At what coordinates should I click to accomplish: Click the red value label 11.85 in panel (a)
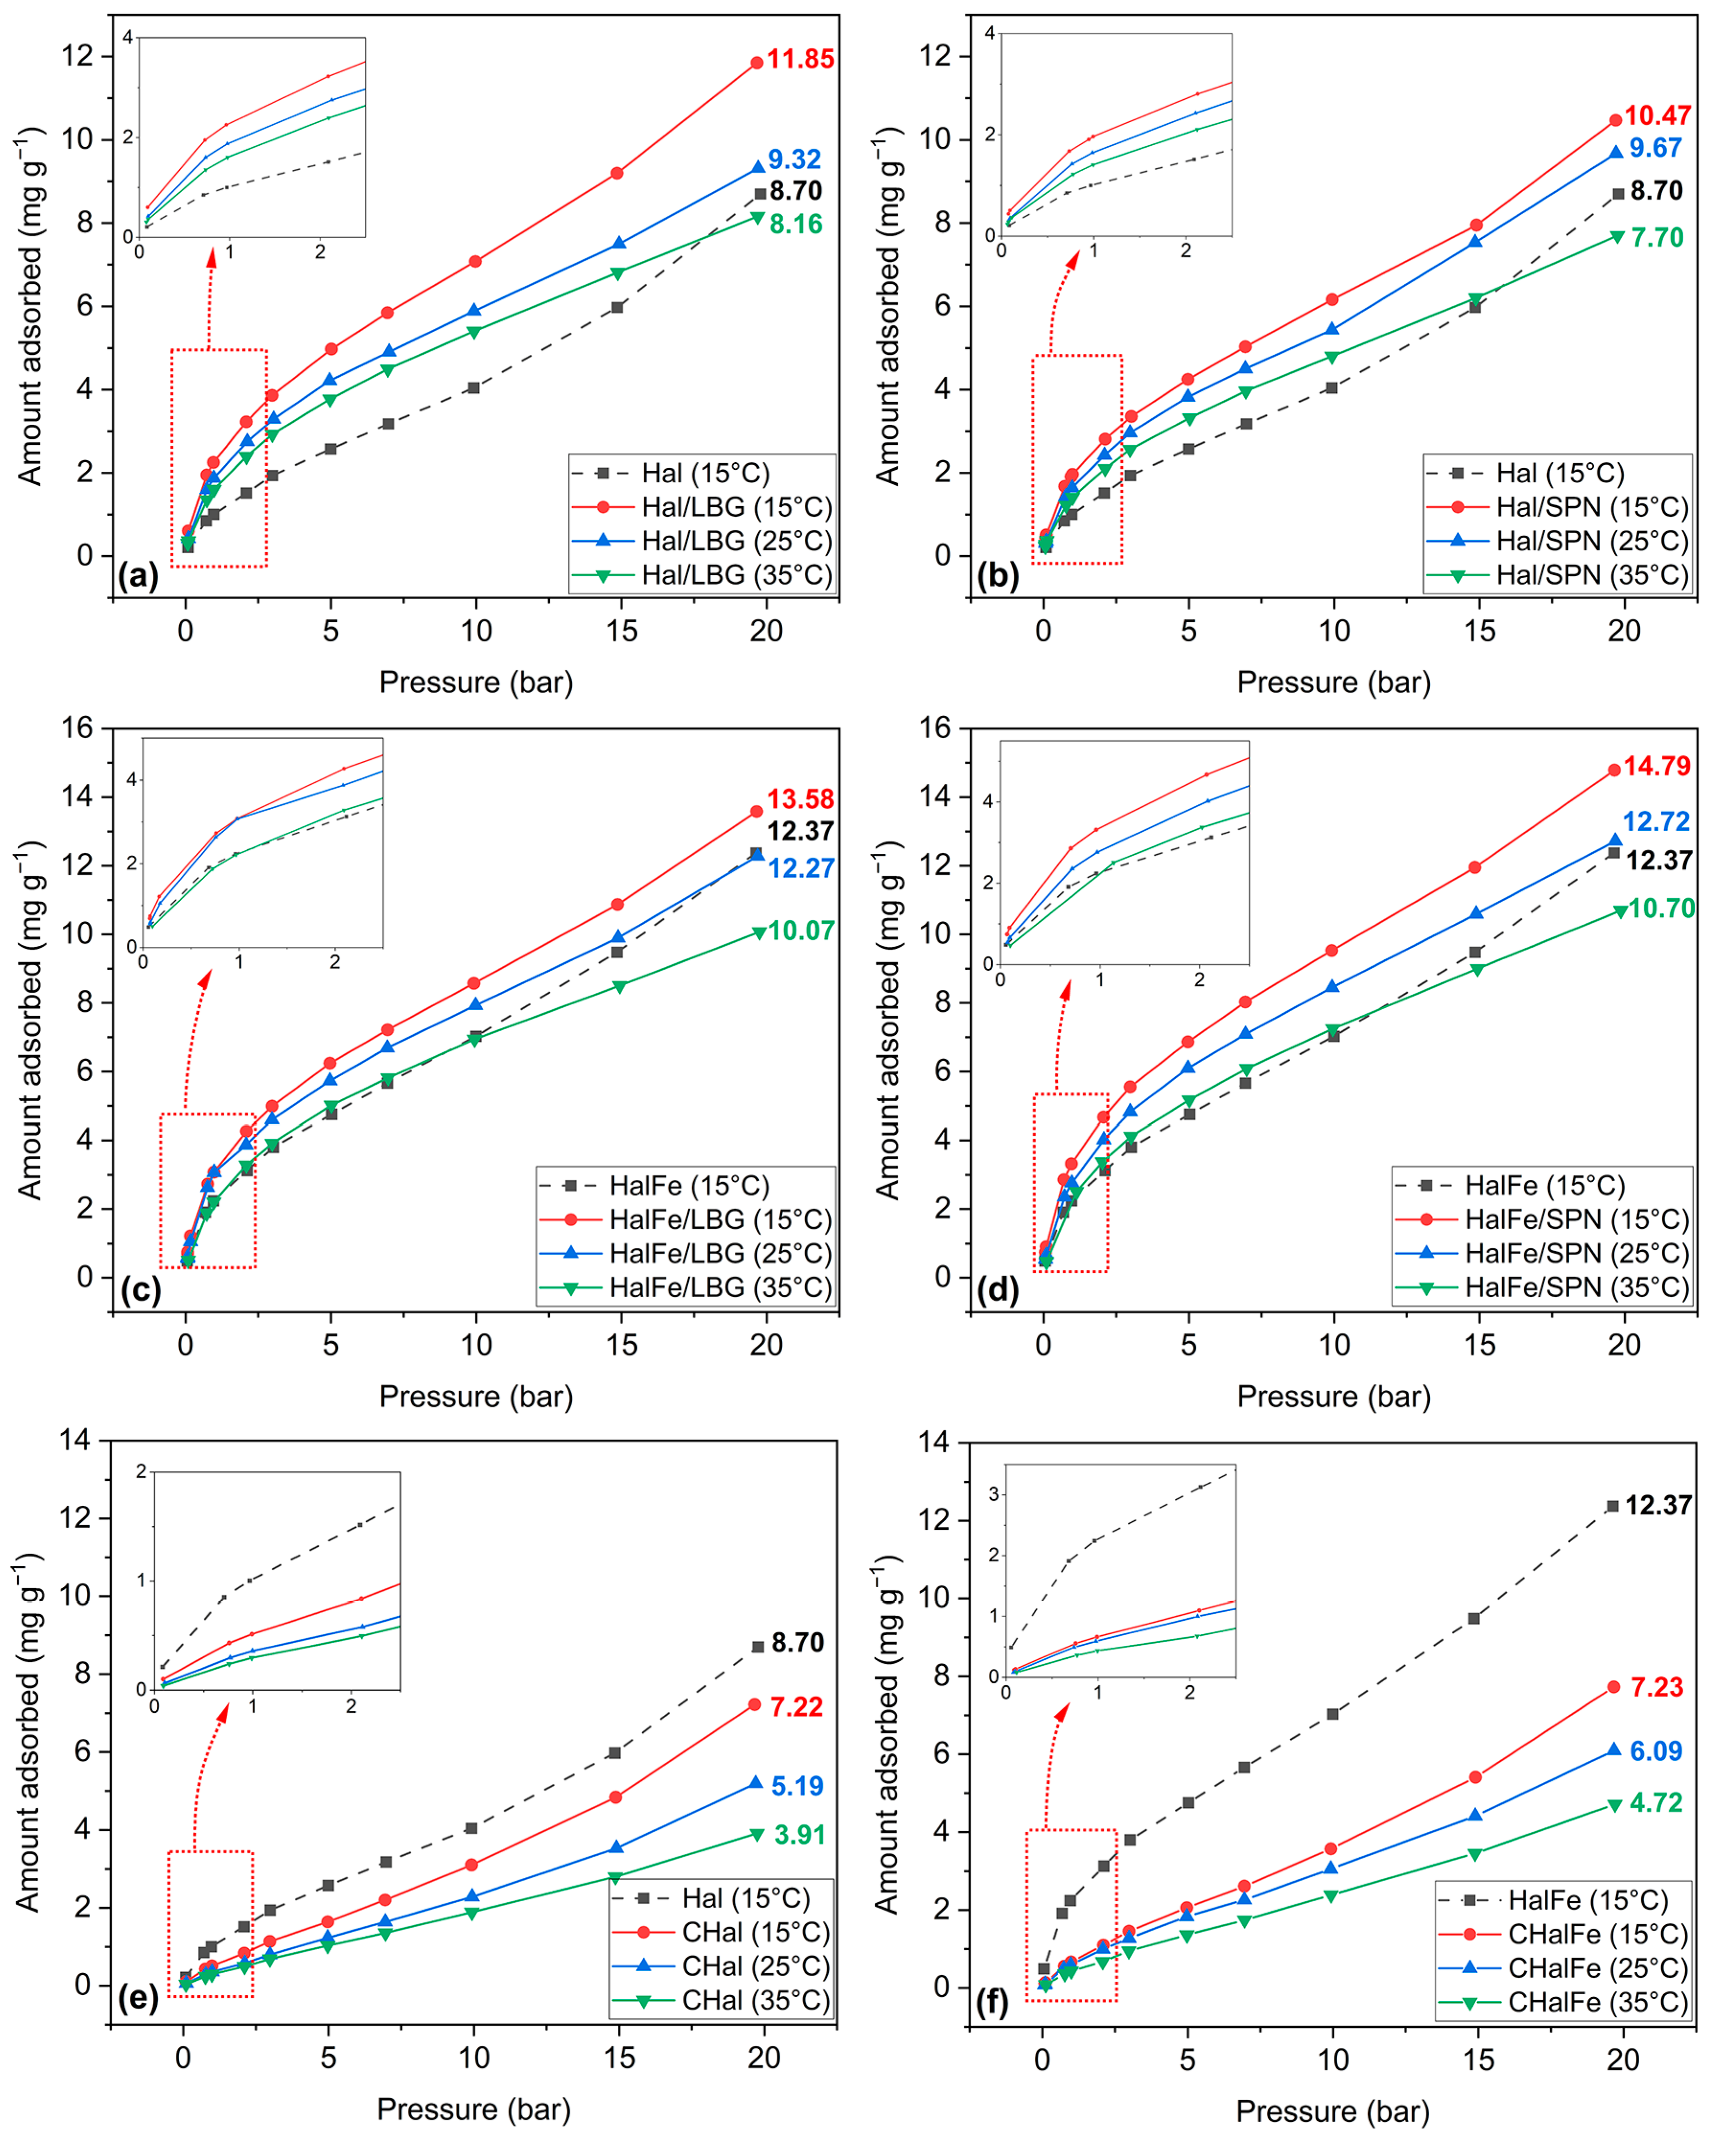click(800, 59)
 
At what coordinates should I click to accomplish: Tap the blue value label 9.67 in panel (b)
click(1655, 148)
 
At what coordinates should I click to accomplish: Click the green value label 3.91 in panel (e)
click(799, 1834)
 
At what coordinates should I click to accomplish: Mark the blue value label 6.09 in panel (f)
click(1655, 1751)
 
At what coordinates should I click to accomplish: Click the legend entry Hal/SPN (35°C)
click(1592, 575)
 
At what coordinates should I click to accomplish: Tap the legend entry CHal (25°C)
click(755, 1966)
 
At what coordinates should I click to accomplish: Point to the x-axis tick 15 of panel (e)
click(619, 2058)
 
